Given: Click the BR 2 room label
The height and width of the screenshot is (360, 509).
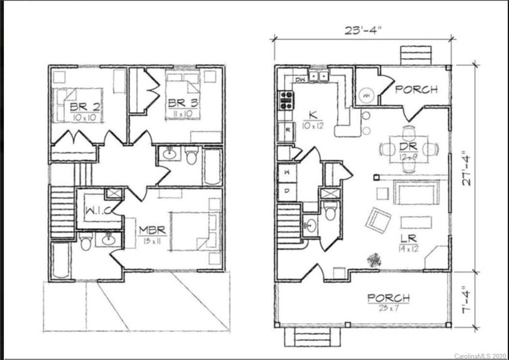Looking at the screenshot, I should [x=79, y=106].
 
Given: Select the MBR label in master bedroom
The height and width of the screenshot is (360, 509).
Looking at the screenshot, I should [x=152, y=231].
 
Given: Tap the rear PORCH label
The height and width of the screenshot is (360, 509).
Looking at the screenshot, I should [x=417, y=90].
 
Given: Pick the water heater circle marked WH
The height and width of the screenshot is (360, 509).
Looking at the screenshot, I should [x=367, y=93].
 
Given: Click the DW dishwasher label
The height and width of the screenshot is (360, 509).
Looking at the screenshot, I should [x=300, y=79].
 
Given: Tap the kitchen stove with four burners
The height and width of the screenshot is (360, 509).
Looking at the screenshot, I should [x=285, y=100].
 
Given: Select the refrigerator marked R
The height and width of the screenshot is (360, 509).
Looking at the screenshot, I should [x=287, y=131].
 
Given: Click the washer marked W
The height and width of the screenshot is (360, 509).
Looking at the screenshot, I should [x=287, y=174].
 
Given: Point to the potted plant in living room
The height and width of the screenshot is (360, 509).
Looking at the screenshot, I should [x=374, y=259].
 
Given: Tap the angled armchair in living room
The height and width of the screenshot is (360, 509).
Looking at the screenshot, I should [x=378, y=220].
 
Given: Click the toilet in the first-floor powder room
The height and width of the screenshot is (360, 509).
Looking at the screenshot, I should [x=331, y=212].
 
